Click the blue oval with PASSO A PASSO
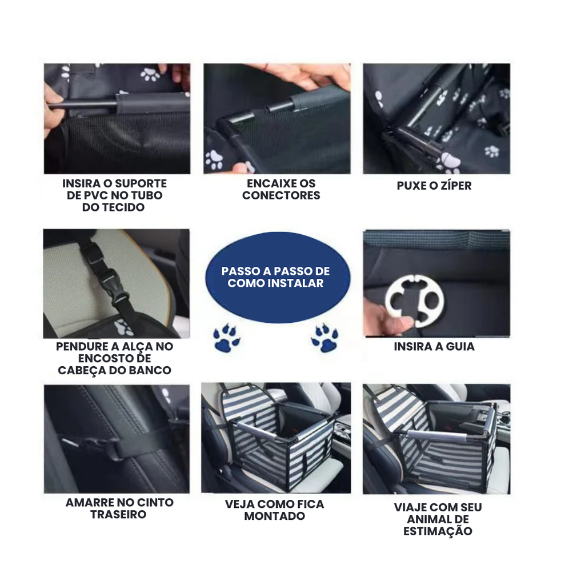tap(278, 277)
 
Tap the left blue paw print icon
tap(226, 338)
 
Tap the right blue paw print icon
tap(324, 338)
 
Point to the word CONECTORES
tap(281, 195)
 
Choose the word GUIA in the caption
tap(460, 347)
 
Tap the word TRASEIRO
tap(118, 514)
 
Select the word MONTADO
tap(275, 516)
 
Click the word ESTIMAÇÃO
tap(438, 531)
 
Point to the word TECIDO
tap(114, 207)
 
